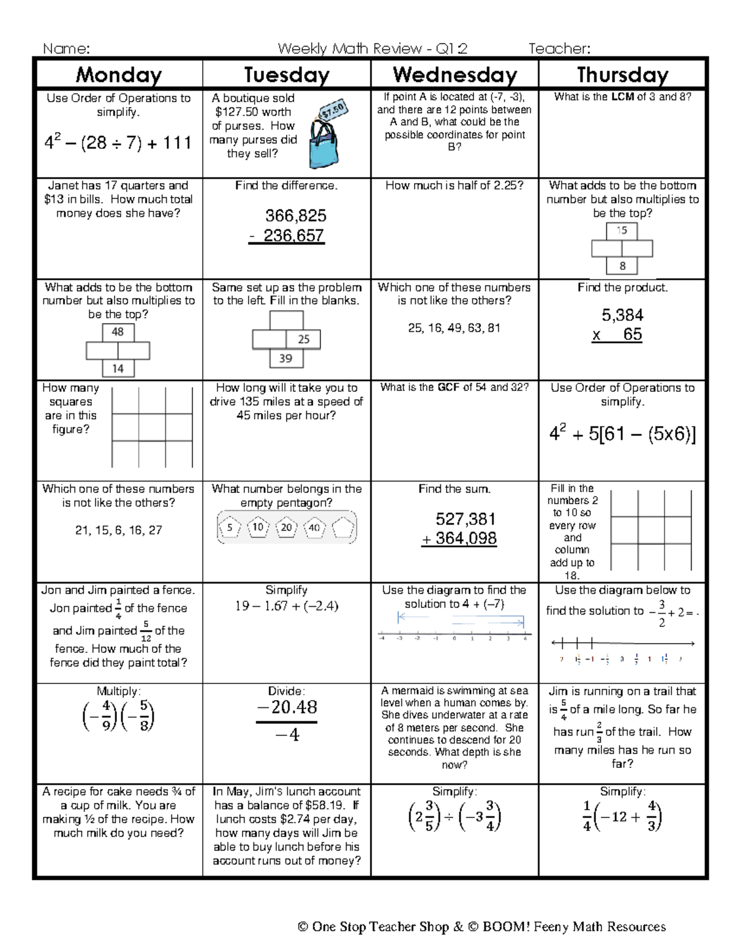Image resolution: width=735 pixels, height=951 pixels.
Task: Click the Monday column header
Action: click(119, 75)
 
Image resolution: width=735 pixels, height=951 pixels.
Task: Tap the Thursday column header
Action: click(622, 75)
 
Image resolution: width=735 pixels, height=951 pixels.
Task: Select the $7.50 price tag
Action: click(334, 112)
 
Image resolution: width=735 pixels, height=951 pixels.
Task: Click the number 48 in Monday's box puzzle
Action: click(118, 332)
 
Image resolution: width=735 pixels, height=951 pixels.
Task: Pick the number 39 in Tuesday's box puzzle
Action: click(285, 358)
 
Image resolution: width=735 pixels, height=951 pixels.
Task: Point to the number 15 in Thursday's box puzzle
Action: click(622, 231)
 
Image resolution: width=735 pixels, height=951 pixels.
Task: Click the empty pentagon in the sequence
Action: click(342, 527)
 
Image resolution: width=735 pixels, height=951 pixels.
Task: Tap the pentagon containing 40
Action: click(314, 527)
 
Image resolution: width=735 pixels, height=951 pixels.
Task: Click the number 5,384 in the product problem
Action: click(622, 315)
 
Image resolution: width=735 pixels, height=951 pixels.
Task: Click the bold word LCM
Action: click(622, 97)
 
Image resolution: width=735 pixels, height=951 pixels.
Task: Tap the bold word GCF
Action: click(449, 387)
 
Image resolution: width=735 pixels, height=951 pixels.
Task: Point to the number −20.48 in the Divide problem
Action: click(286, 707)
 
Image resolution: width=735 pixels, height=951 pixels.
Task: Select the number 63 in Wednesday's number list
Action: click(473, 328)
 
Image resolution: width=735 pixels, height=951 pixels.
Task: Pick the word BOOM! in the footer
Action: click(506, 927)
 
